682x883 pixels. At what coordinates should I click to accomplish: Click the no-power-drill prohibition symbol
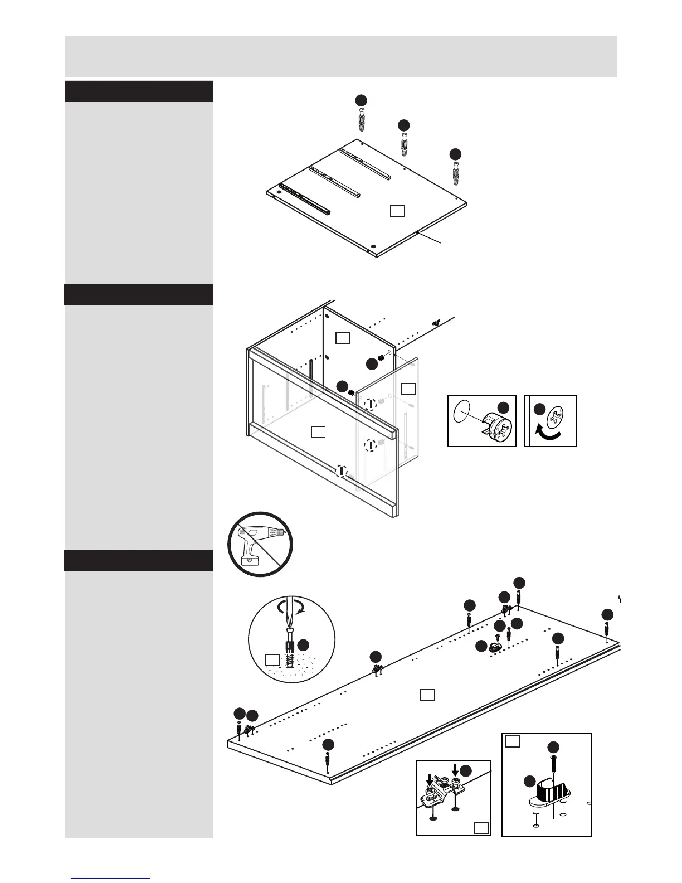[x=260, y=544]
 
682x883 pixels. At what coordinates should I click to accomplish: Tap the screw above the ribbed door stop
[x=553, y=764]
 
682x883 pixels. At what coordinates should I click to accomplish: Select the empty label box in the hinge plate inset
[x=481, y=828]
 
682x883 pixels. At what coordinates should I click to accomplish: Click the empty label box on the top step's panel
[x=397, y=211]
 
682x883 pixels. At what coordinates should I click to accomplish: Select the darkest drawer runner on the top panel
[x=305, y=199]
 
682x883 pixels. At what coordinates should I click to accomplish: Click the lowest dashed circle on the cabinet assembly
[x=341, y=471]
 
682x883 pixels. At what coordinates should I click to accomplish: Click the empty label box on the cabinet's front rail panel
[x=318, y=431]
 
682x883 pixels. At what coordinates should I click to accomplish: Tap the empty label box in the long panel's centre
[x=427, y=695]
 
